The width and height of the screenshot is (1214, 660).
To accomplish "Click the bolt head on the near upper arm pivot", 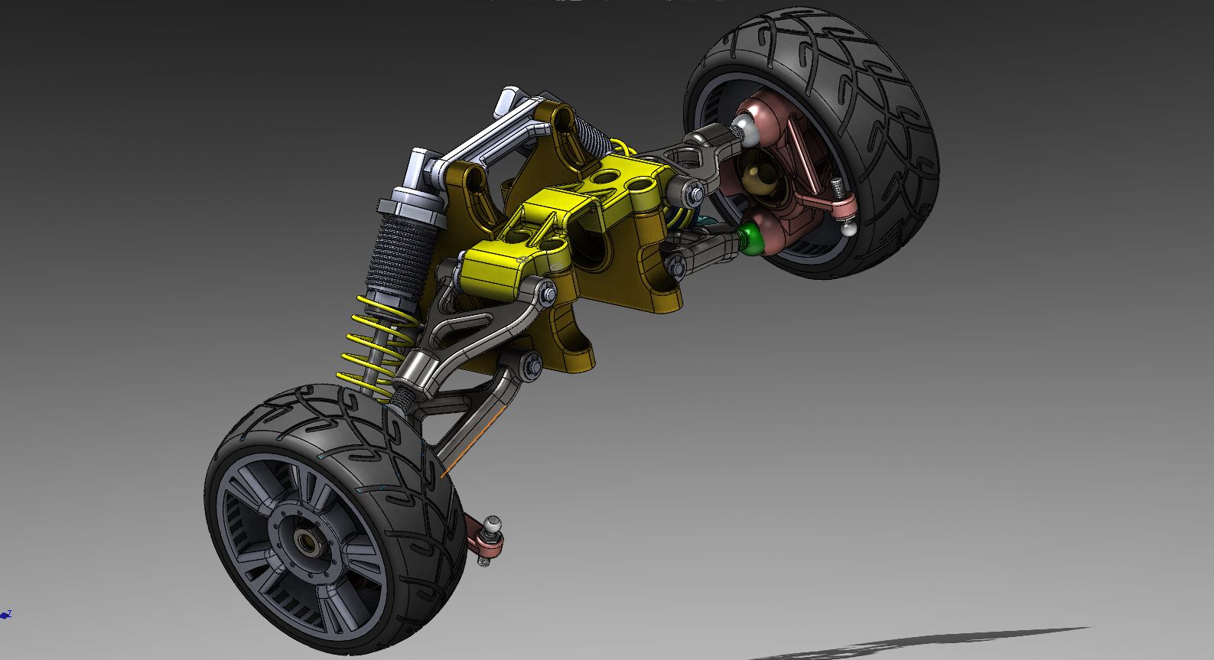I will coord(548,291).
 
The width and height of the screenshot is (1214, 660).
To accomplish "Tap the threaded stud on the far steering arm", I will coord(838,186).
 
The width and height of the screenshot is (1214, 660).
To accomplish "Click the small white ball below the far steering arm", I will coord(848,227).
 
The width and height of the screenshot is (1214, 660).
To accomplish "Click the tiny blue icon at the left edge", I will coord(6,614).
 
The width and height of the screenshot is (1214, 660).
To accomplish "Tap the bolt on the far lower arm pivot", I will coord(676,266).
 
